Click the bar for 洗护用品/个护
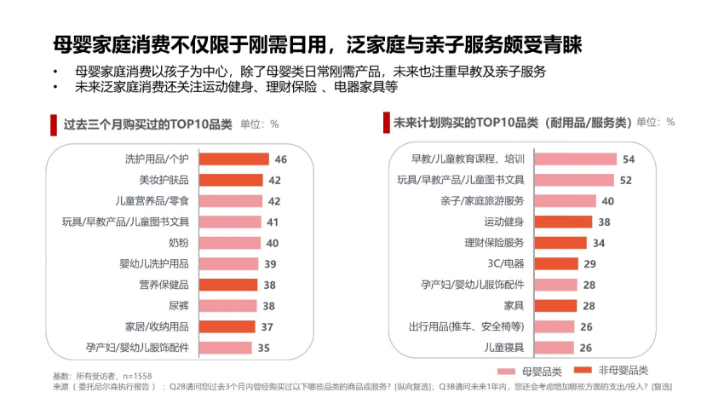(x=233, y=159)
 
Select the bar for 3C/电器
(x=555, y=263)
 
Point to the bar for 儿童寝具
(x=553, y=347)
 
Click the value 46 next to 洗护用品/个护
(x=280, y=159)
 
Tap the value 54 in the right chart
(x=629, y=159)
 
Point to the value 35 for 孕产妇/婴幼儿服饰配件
(x=263, y=347)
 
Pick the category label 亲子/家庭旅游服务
(x=482, y=201)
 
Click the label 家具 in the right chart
(x=513, y=305)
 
